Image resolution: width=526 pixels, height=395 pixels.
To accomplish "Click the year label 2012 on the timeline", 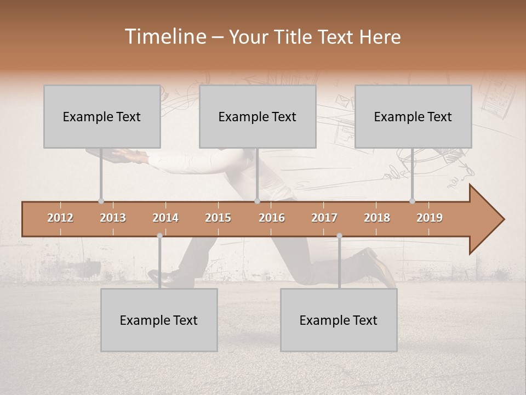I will tap(60, 218).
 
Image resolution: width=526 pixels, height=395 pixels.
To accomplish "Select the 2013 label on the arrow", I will tap(113, 218).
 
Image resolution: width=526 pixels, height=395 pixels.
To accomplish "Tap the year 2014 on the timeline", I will tap(165, 218).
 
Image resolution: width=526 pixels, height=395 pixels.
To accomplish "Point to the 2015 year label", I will tap(218, 218).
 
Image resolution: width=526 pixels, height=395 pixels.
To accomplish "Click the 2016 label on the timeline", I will tap(272, 218).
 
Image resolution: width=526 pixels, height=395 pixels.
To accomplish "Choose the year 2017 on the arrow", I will tap(324, 218).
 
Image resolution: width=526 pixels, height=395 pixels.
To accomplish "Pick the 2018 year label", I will tap(377, 218).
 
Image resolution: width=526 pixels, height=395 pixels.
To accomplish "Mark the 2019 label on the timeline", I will tap(430, 218).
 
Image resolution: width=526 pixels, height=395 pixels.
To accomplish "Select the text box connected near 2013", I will tap(102, 116).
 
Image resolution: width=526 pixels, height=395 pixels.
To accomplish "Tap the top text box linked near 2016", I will tap(258, 116).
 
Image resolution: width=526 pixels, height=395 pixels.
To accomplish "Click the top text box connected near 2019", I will tap(413, 116).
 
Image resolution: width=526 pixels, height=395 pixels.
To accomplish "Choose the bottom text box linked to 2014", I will tap(159, 320).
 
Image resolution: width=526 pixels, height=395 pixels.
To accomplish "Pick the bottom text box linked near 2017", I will tap(339, 320).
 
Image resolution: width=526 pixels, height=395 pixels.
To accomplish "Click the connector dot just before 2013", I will tap(101, 201).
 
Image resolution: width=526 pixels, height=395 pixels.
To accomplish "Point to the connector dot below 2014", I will tap(159, 236).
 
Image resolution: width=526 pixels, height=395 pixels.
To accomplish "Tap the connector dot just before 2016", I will tap(257, 201).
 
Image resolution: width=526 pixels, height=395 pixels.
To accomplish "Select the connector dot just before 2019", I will tap(412, 201).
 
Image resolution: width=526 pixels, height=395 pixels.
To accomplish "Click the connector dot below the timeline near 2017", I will tap(339, 236).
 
